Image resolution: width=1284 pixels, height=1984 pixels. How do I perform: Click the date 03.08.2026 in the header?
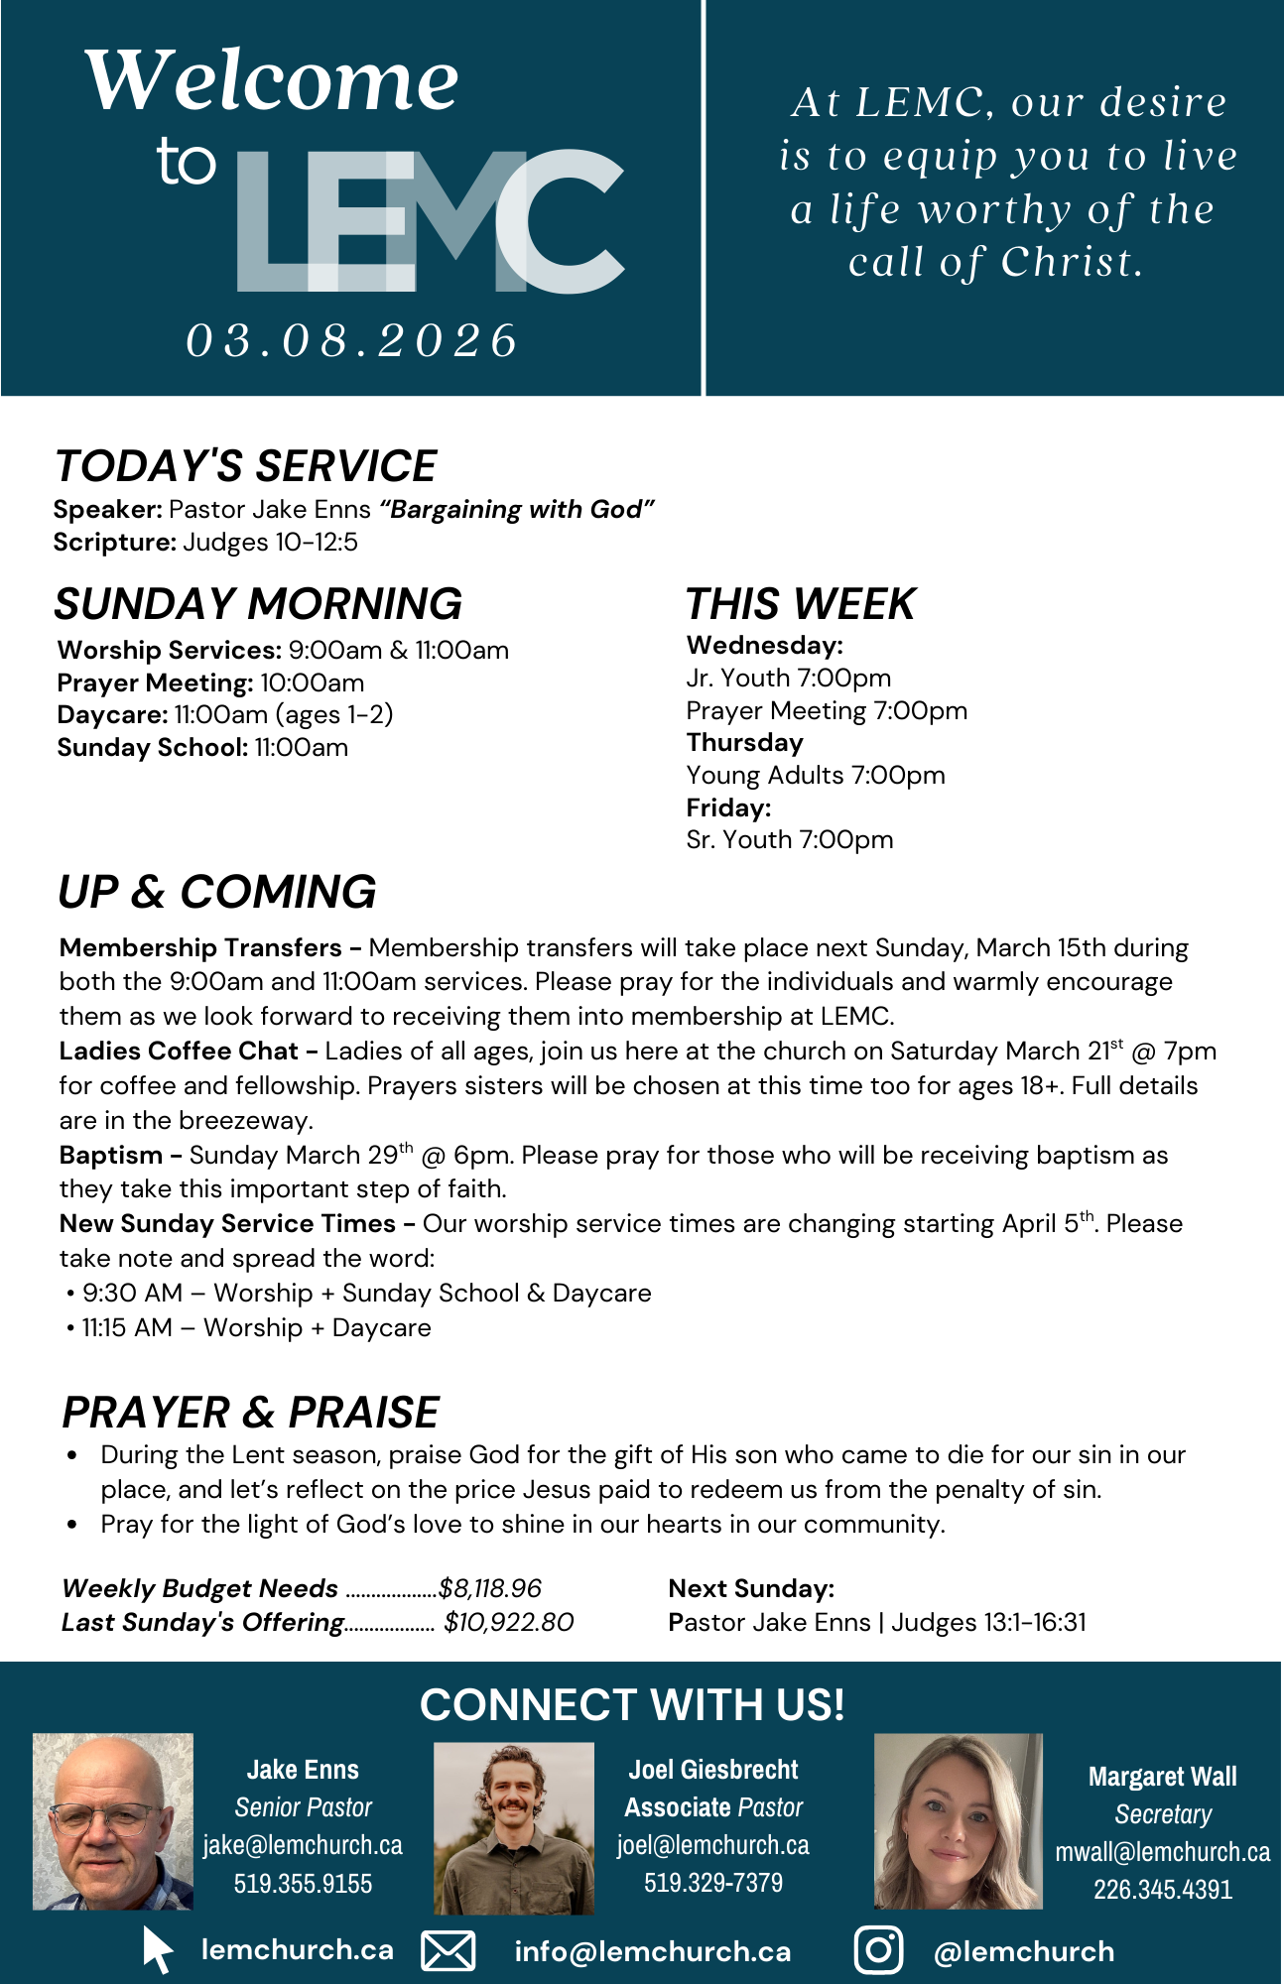click(352, 340)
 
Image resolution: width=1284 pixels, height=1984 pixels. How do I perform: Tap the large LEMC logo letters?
click(430, 221)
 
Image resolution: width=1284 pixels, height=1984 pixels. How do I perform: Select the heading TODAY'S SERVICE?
click(245, 466)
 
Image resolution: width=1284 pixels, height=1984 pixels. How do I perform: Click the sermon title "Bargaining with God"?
click(517, 509)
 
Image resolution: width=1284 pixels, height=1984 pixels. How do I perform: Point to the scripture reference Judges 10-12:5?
click(270, 542)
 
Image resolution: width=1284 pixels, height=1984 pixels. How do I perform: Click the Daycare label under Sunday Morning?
click(112, 714)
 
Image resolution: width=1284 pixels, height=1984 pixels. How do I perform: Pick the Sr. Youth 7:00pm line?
click(789, 839)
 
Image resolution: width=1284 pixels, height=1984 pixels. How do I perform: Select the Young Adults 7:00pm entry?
click(815, 775)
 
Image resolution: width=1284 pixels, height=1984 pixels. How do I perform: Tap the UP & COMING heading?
click(217, 892)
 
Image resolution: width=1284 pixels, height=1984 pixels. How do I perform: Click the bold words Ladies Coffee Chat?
click(179, 1051)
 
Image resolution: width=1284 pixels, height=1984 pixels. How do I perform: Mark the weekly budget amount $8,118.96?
click(490, 1588)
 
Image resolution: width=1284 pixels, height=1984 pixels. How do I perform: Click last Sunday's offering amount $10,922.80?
click(508, 1622)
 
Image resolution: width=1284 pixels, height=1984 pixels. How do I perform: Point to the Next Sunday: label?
click(751, 1588)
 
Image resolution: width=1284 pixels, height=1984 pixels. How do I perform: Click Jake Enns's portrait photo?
click(113, 1821)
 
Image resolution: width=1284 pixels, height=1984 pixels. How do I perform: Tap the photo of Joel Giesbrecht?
click(514, 1827)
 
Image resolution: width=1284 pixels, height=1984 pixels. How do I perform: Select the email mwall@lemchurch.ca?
click(1162, 1852)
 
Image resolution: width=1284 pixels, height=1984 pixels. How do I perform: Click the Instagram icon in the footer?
click(878, 1949)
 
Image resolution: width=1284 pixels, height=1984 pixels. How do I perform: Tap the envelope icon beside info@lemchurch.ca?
click(449, 1950)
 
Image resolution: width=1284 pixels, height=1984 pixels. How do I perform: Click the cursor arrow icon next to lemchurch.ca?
click(157, 1949)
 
